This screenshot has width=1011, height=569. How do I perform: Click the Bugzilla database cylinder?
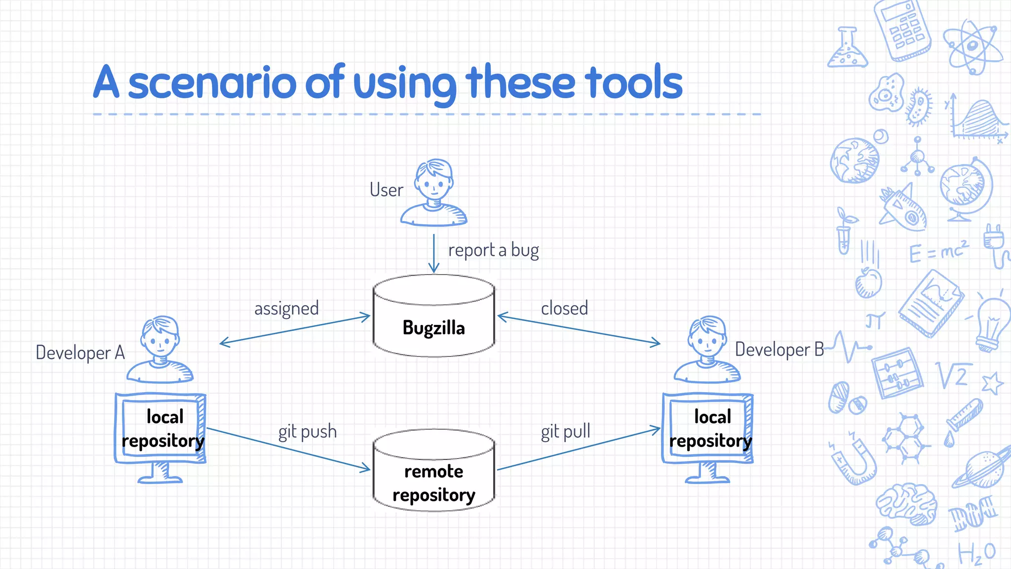click(433, 316)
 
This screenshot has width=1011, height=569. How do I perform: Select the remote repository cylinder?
click(433, 472)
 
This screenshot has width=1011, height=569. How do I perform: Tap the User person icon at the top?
click(434, 193)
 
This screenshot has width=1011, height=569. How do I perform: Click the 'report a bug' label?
click(493, 250)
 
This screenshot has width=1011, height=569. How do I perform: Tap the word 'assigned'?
click(286, 309)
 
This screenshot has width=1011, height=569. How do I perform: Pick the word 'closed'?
click(564, 309)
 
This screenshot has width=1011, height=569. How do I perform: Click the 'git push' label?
click(307, 432)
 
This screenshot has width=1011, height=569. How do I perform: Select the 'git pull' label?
click(565, 432)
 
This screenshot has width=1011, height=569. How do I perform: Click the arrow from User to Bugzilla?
click(434, 253)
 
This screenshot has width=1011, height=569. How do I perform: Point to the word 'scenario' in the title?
click(213, 82)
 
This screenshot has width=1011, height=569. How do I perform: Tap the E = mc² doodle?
click(938, 252)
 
